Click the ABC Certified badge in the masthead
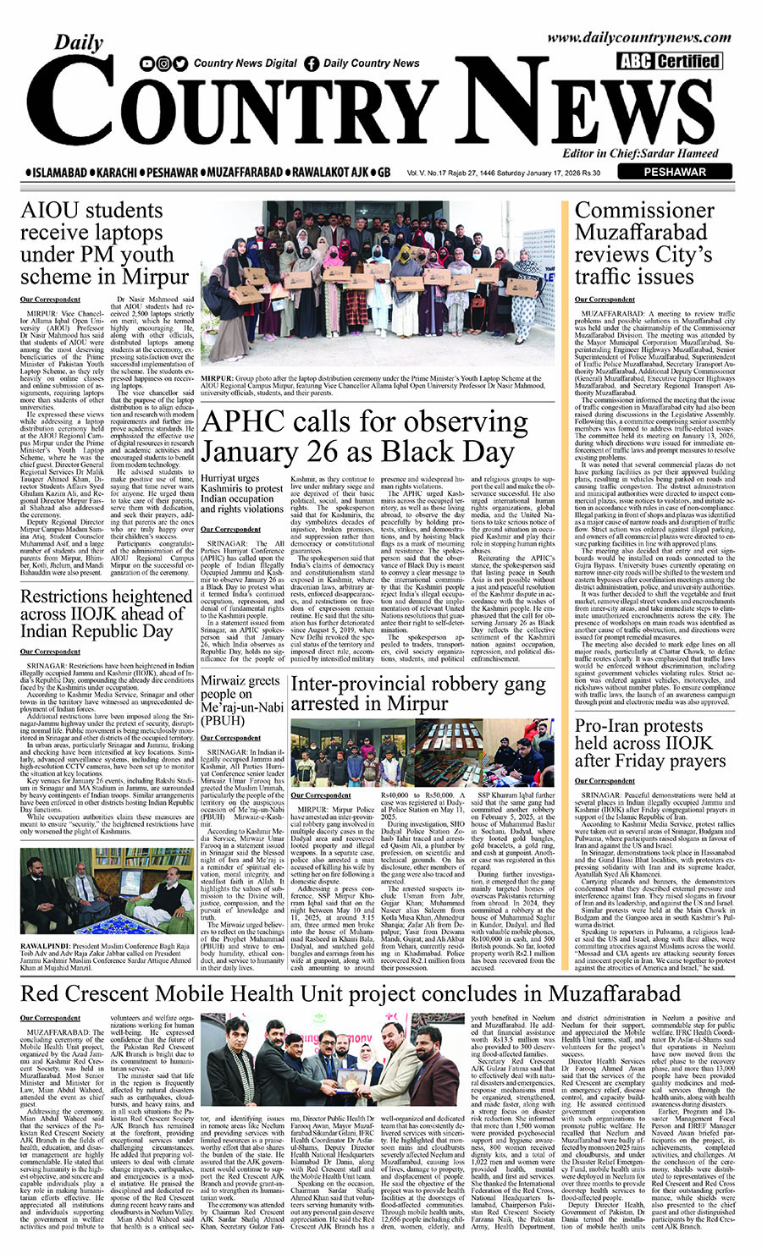[x=669, y=61]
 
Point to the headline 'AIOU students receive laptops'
[x=104, y=243]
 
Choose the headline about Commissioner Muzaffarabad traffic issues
[x=645, y=244]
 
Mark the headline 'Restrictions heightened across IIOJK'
[x=107, y=613]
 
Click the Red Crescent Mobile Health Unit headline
[x=350, y=993]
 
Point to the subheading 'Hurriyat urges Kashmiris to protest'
[x=241, y=489]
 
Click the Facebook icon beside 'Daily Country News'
[x=312, y=63]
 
